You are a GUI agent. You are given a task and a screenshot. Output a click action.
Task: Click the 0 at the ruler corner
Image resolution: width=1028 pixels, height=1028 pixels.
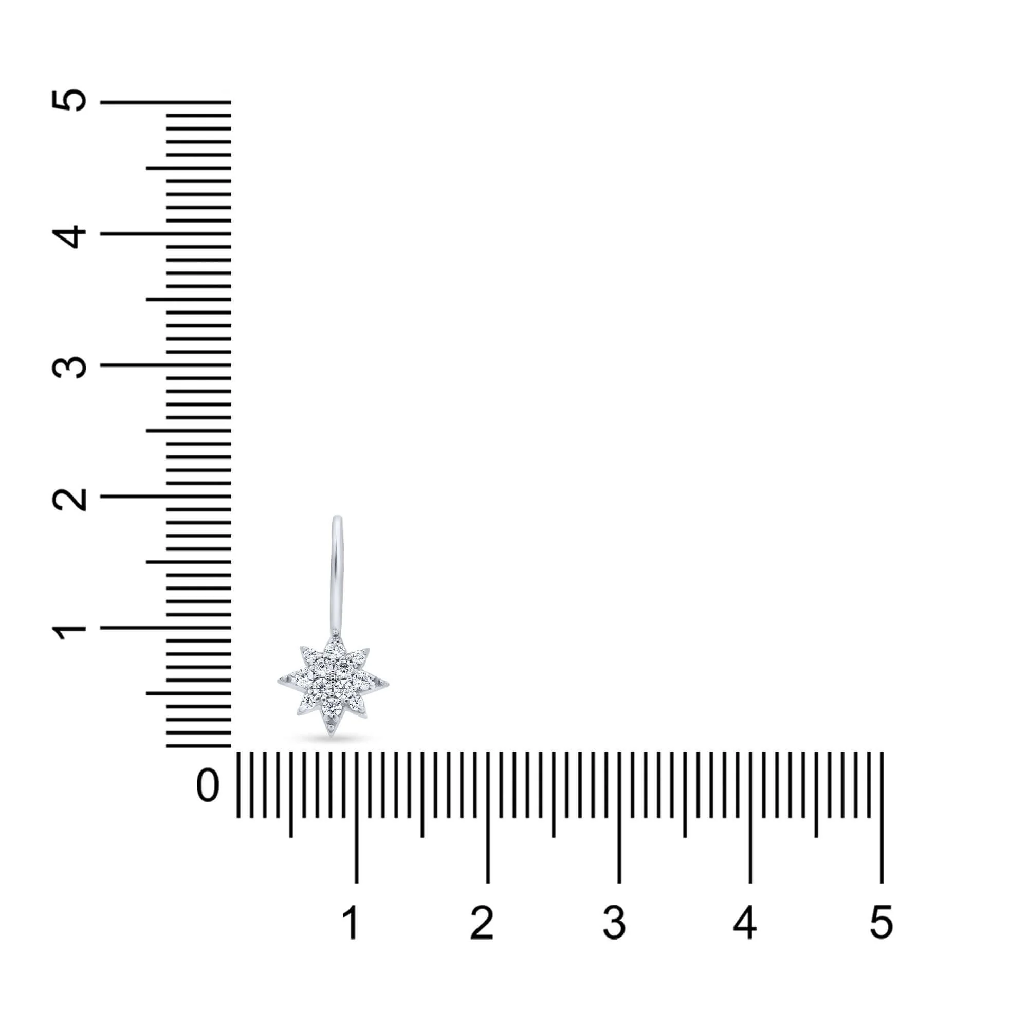pos(208,785)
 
